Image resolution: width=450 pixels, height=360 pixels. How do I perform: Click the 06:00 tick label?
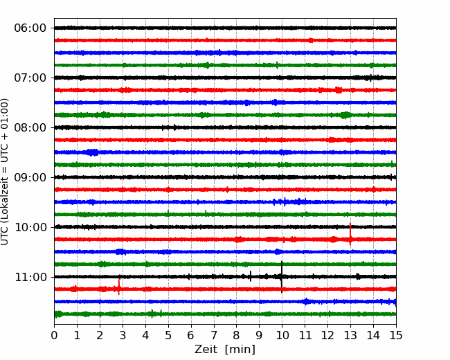[x=30, y=28]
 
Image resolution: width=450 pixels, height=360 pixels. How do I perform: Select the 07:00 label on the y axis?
[x=30, y=78]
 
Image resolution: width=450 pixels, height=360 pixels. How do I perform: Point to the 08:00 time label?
[x=30, y=127]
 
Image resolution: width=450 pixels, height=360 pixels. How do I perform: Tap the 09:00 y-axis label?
[x=30, y=177]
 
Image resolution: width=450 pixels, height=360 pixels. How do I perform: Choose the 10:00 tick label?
[x=30, y=227]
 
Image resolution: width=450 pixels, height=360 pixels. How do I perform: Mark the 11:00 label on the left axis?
[x=30, y=277]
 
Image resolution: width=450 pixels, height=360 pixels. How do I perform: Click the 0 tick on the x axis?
[x=54, y=335]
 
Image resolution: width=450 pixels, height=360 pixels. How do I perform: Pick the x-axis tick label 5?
[x=168, y=335]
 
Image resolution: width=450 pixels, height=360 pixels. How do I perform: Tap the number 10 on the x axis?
[x=282, y=335]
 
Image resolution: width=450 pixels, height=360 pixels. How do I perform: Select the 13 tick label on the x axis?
[x=350, y=335]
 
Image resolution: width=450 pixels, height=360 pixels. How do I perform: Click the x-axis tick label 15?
[x=396, y=335]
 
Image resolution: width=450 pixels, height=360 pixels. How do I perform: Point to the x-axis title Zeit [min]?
[x=225, y=350]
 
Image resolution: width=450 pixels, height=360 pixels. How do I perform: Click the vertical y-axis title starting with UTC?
[x=5, y=172]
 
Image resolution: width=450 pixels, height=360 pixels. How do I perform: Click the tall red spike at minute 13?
[x=350, y=234]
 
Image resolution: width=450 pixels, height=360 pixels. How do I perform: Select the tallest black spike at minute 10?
[x=282, y=277]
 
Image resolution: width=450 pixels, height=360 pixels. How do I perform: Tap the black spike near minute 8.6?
[x=251, y=276]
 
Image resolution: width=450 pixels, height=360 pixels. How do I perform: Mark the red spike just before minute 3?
[x=119, y=287]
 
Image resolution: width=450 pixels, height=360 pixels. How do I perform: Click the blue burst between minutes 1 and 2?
[x=92, y=152]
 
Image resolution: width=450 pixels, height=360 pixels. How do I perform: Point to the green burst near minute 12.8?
[x=345, y=115]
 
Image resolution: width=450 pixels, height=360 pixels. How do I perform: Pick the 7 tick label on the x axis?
[x=214, y=335]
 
